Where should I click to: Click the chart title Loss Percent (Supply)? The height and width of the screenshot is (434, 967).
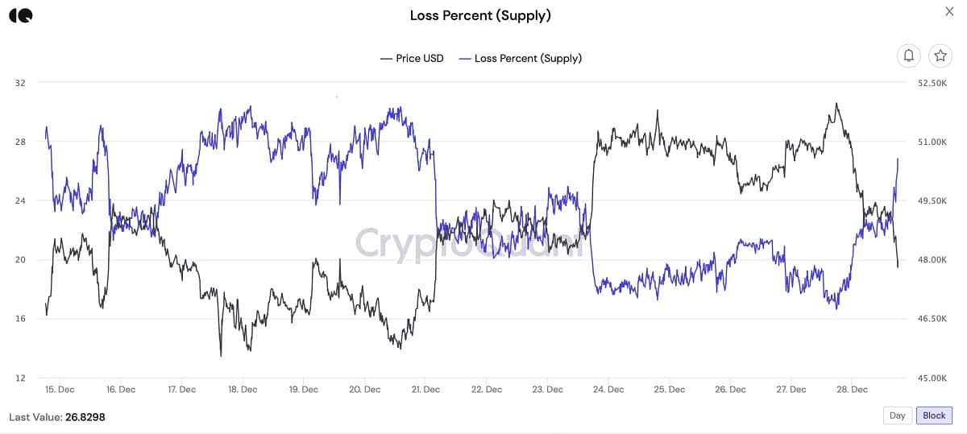480,15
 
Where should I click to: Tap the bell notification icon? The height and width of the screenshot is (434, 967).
909,56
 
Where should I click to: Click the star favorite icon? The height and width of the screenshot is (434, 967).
940,56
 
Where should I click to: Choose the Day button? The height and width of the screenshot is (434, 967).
897,415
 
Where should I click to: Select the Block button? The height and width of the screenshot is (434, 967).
934,415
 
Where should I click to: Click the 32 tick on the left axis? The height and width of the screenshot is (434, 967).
20,83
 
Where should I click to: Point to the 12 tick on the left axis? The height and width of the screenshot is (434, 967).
20,378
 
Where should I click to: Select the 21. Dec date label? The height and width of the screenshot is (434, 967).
425,390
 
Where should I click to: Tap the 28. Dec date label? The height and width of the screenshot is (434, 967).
853,390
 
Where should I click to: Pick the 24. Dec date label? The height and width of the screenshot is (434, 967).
608,390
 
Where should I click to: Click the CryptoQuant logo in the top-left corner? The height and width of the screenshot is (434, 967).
22,15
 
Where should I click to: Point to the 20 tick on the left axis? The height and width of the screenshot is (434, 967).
20,260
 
